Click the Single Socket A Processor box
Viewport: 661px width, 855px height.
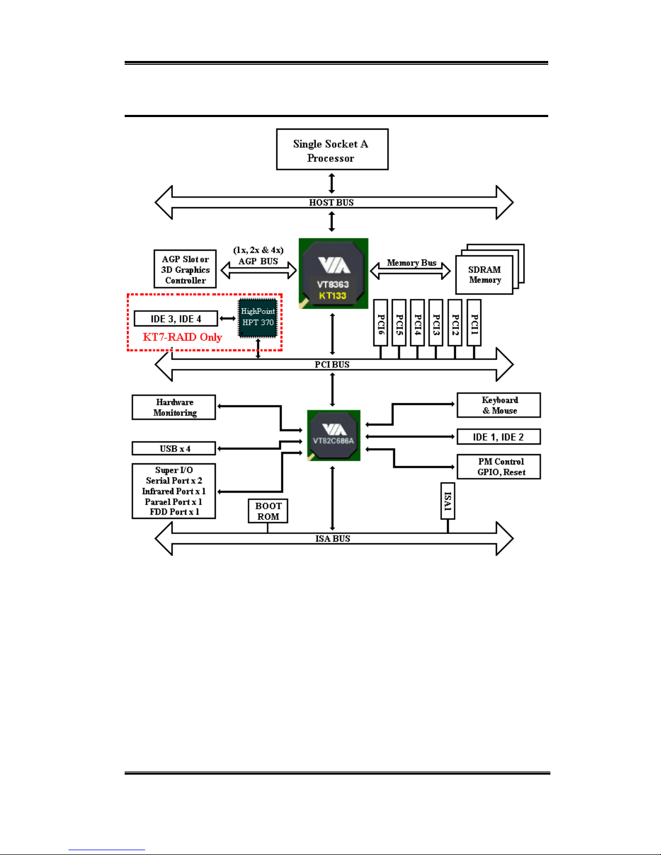pyautogui.click(x=332, y=149)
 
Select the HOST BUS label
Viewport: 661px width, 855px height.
pyautogui.click(x=331, y=202)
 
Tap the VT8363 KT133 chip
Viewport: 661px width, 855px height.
pyautogui.click(x=333, y=273)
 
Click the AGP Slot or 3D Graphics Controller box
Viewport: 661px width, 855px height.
pyautogui.click(x=185, y=269)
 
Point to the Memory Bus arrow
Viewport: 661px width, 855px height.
pyautogui.click(x=411, y=270)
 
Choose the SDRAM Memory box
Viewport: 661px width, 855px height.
pyautogui.click(x=484, y=275)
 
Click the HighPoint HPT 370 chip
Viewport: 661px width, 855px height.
pyautogui.click(x=258, y=317)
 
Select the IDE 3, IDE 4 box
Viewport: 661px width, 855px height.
pyautogui.click(x=176, y=319)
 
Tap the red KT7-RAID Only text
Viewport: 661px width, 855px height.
pyautogui.click(x=182, y=337)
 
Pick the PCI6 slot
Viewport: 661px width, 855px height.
pyautogui.click(x=380, y=323)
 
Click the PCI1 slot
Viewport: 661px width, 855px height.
pyautogui.click(x=474, y=323)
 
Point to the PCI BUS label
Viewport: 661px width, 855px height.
pyautogui.click(x=332, y=365)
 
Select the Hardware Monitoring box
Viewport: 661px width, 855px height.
pyautogui.click(x=174, y=407)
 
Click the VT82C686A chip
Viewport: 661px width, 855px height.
pyautogui.click(x=333, y=435)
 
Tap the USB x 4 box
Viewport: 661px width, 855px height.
pyautogui.click(x=174, y=449)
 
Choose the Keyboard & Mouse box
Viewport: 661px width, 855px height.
pyautogui.click(x=499, y=405)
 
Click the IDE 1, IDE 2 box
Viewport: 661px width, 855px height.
pyautogui.click(x=499, y=437)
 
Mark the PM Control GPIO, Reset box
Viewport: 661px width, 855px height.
pyautogui.click(x=499, y=467)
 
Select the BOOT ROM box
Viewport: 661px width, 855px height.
pyautogui.click(x=268, y=511)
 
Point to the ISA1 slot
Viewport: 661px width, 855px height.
pyautogui.click(x=447, y=501)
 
